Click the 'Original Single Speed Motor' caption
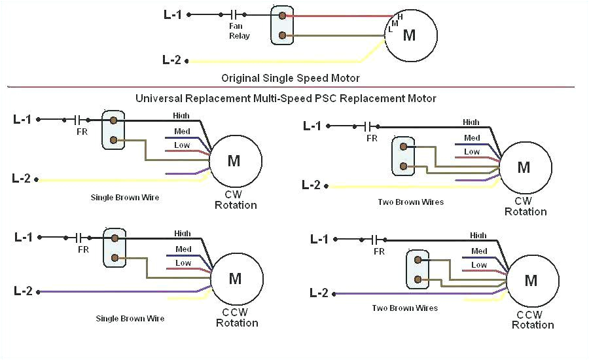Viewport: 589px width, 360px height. (290, 78)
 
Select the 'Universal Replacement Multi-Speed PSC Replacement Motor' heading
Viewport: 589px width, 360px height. (285, 98)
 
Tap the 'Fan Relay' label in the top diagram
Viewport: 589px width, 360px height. (239, 31)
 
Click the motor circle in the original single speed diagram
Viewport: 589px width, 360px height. (410, 35)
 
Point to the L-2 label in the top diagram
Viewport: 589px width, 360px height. (171, 60)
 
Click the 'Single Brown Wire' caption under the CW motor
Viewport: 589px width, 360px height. (124, 197)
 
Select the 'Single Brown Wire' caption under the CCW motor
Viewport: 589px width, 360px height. (130, 318)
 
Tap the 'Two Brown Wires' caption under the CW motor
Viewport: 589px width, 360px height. (410, 202)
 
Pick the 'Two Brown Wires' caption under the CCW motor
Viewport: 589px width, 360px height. (404, 308)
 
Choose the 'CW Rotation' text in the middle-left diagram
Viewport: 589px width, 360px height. (236, 200)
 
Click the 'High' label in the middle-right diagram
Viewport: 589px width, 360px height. (471, 122)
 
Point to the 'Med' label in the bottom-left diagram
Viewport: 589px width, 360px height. (183, 249)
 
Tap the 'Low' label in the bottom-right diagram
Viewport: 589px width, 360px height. (480, 265)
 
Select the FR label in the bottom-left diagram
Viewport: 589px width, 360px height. (83, 249)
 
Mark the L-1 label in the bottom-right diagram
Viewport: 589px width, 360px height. (319, 240)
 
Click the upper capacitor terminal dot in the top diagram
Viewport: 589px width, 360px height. (282, 14)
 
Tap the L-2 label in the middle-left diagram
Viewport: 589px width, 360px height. (22, 178)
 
